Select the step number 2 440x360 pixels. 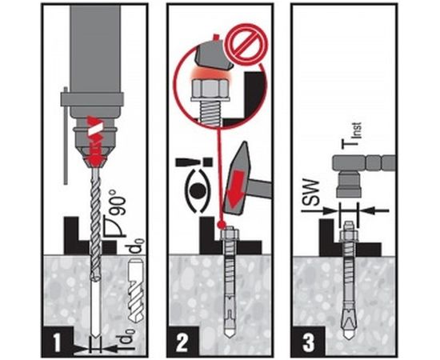click(182, 343)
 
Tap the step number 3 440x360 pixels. click(308, 342)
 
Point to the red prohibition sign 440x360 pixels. click(247, 43)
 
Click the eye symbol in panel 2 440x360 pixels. click(198, 191)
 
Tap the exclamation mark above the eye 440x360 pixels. click(194, 162)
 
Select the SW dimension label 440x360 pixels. click(311, 194)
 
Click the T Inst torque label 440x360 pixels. click(351, 135)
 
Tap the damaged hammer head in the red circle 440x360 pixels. click(214, 55)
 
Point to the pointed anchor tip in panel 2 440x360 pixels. click(230, 333)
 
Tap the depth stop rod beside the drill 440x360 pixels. click(66, 135)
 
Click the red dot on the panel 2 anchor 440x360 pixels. click(222, 224)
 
